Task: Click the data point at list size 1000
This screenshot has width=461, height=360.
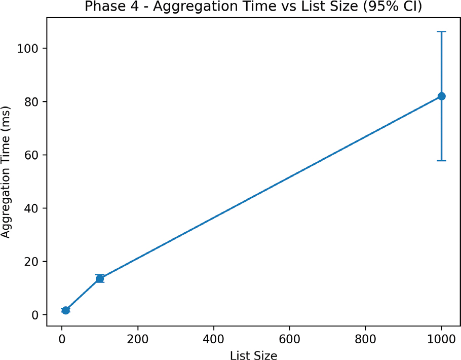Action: coord(441,96)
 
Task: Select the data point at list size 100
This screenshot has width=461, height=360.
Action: coord(100,278)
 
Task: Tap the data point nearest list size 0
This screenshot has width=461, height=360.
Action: coord(65,310)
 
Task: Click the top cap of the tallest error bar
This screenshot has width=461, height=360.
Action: coord(441,31)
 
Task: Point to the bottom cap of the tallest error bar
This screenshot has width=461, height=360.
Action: coord(441,161)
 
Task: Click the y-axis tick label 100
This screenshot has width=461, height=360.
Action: coord(28,48)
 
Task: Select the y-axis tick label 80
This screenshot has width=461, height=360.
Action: coord(31,101)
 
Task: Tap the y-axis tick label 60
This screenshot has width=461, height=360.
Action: coord(31,155)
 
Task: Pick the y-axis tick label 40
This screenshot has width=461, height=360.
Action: coord(31,208)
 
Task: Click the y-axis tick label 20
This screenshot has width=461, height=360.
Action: coord(31,262)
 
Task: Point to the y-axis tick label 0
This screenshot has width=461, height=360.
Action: coord(35,315)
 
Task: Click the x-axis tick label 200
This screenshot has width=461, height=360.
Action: coord(138,339)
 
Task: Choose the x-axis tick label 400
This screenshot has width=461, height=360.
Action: coord(213,339)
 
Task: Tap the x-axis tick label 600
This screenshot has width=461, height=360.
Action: coord(290,339)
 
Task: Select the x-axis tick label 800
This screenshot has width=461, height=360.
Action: coord(365,339)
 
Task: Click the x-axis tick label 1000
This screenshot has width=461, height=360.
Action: coord(441,339)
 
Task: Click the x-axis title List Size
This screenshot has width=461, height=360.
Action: coord(253,355)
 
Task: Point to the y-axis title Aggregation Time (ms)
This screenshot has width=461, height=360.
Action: coord(6,172)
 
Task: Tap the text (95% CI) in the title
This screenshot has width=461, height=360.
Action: coord(393,7)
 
